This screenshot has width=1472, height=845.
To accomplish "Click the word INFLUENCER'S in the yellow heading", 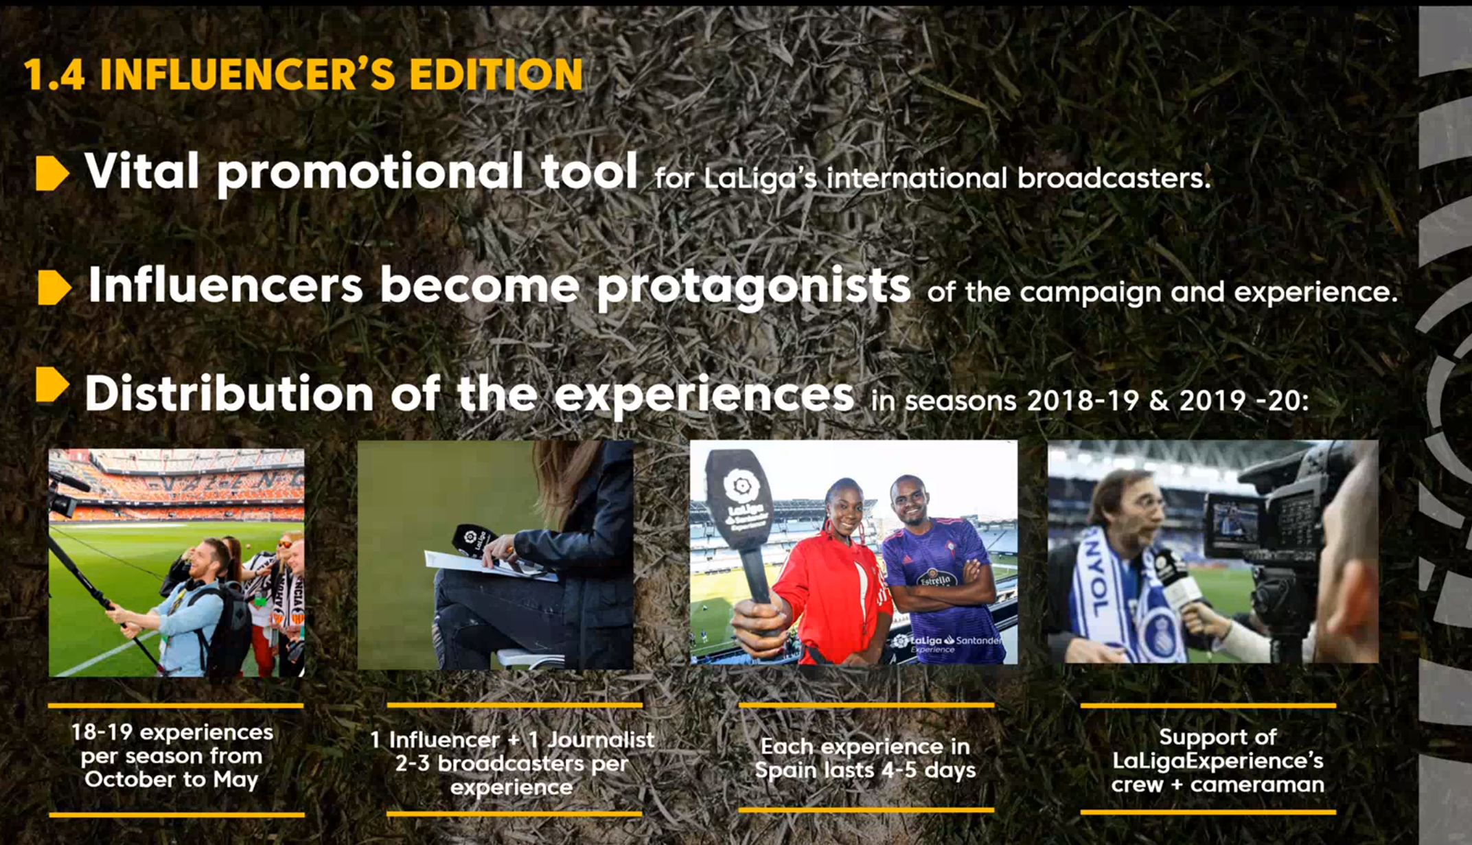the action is click(x=248, y=74).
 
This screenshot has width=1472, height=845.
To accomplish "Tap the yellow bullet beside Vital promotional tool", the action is click(x=52, y=172).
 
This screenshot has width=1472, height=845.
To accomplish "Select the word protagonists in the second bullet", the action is click(x=753, y=288).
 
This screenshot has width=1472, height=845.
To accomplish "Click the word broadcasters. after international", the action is click(x=1114, y=178).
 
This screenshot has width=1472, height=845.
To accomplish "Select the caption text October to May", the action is click(x=171, y=780).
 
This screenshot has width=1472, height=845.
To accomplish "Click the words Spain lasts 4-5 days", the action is click(x=865, y=770).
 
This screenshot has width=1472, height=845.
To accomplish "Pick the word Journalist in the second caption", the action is click(x=601, y=740).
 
